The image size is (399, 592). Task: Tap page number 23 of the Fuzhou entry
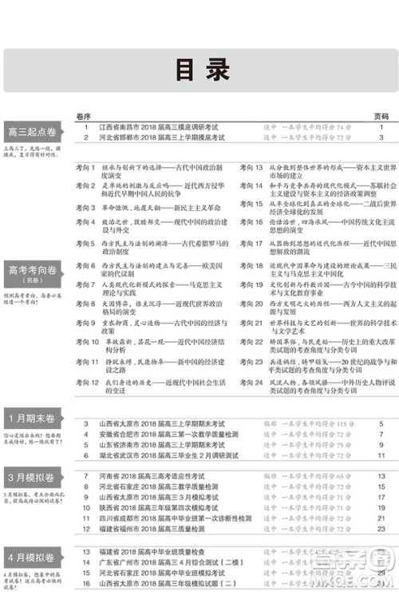point(381,529)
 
